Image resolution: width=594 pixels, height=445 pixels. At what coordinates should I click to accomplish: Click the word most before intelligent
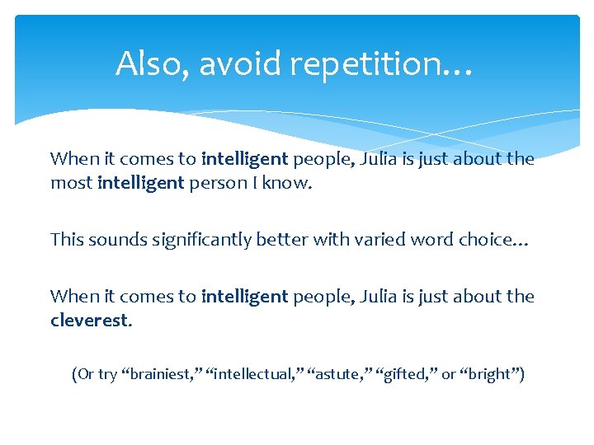71,184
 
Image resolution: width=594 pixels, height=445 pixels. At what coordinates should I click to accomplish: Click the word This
67,239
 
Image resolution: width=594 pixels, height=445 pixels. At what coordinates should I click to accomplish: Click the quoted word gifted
405,375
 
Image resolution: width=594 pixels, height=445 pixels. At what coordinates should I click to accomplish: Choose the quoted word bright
490,375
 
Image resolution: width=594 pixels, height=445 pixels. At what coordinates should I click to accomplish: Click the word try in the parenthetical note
107,375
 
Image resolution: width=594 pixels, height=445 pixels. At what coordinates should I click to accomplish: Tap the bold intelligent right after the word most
140,184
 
